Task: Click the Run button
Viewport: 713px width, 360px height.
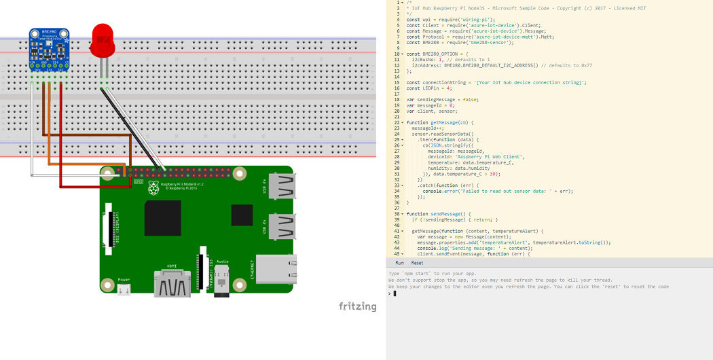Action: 400,263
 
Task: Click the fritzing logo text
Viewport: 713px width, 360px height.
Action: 357,306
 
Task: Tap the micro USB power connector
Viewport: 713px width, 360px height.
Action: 124,289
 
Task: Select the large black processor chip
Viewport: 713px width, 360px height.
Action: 163,218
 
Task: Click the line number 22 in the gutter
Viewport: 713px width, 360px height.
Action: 398,122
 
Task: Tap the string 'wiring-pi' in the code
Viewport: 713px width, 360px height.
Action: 481,20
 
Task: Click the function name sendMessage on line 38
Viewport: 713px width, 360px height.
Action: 447,214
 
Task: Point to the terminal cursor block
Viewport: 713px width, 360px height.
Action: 395,293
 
